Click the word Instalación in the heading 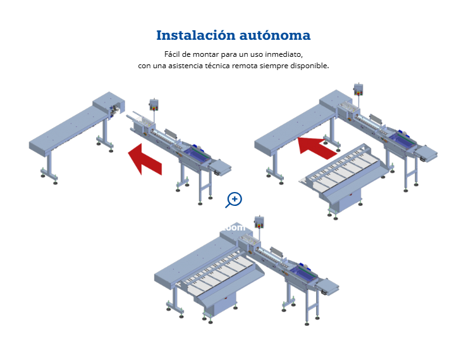191,35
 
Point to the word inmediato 284,54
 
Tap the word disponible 308,66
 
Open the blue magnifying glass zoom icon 234,200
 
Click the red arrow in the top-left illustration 146,159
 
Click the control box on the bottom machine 259,222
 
